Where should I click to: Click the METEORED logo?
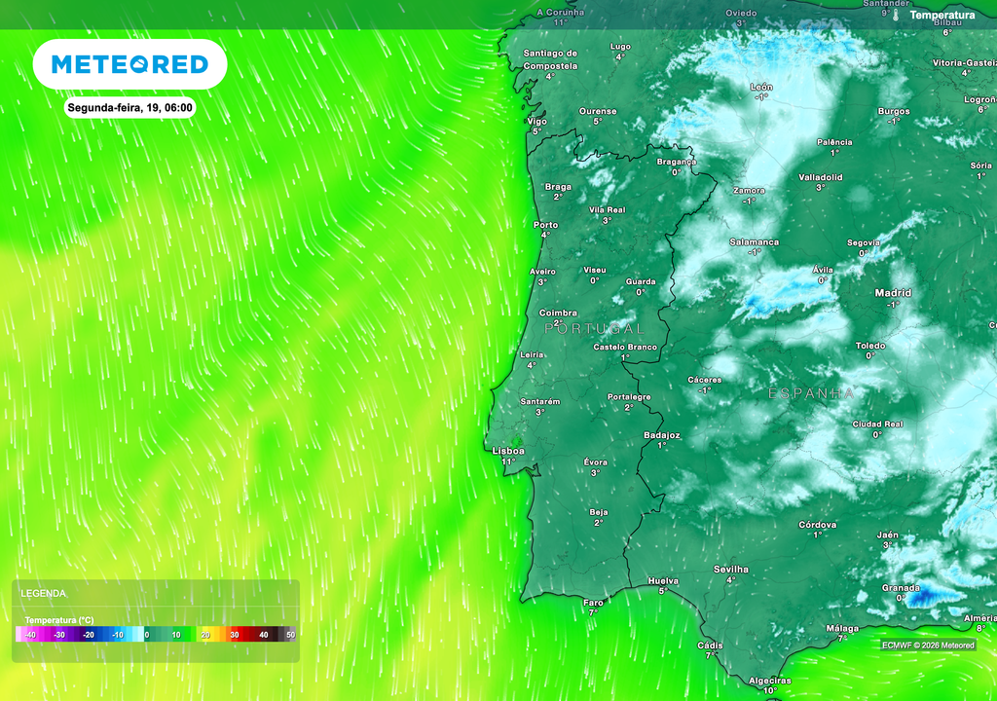pos(129,64)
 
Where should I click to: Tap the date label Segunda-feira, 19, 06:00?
pos(130,107)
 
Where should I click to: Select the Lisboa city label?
pos(508,451)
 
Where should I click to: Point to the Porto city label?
pos(546,225)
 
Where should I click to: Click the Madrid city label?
pos(893,292)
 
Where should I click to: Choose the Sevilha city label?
pos(731,569)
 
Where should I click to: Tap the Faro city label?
pos(593,602)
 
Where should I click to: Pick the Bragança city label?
pos(677,162)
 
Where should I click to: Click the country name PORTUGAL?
pos(594,329)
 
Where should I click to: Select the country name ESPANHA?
pos(812,393)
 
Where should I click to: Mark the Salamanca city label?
pos(755,241)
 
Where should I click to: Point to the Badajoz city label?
pos(662,435)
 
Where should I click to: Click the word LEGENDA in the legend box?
pos(44,593)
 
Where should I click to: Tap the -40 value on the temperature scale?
pos(30,635)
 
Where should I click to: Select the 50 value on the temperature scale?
pos(289,635)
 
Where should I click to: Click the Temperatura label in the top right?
pos(942,16)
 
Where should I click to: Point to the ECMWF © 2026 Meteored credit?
pos(928,645)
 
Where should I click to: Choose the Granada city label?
pos(901,587)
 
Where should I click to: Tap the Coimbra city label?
pos(558,314)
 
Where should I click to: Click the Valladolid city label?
pos(820,177)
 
